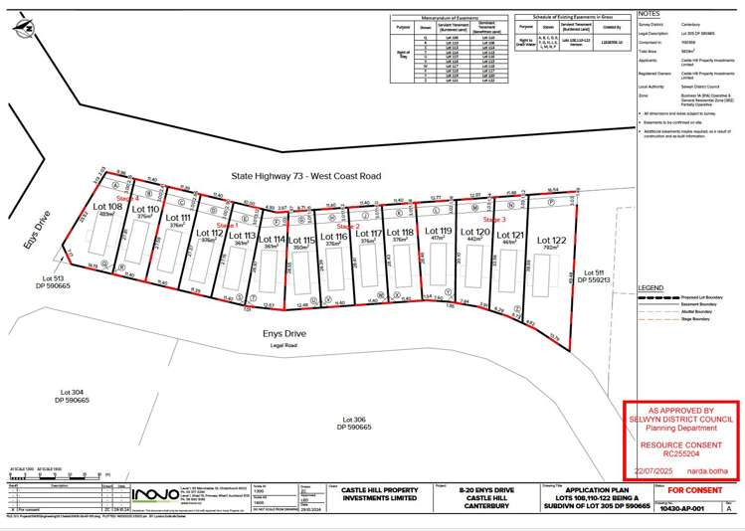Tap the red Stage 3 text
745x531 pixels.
click(495, 219)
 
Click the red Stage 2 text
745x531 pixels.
click(348, 227)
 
